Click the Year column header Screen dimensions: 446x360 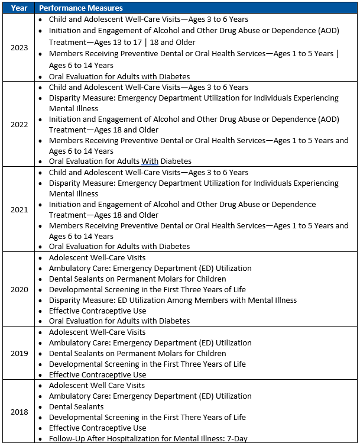pyautogui.click(x=19, y=8)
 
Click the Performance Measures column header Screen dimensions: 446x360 pyautogui.click(x=81, y=8)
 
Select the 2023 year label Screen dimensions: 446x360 pyautogui.click(x=19, y=47)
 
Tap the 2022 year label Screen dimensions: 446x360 pyautogui.click(x=19, y=124)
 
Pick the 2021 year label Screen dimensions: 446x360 pyautogui.click(x=19, y=209)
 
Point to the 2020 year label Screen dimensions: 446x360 pyautogui.click(x=19, y=289)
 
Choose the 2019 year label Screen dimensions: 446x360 pyautogui.click(x=19, y=353)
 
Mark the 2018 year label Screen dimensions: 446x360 pyautogui.click(x=19, y=412)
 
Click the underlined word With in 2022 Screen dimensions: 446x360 pyautogui.click(x=150, y=161)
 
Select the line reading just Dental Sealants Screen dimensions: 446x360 pyautogui.click(x=76, y=407)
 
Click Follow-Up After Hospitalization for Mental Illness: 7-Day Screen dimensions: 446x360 pyautogui.click(x=148, y=439)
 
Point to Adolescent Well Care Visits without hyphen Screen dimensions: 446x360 pyautogui.click(x=97, y=386)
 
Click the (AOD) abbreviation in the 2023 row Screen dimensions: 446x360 pyautogui.click(x=327, y=31)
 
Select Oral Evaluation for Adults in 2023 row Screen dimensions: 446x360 pyautogui.click(x=119, y=76)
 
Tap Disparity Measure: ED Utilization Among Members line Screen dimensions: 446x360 pyautogui.click(x=173, y=300)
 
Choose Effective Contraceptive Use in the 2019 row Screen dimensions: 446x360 pyautogui.click(x=98, y=375)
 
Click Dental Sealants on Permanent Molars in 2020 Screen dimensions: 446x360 pyautogui.click(x=137, y=279)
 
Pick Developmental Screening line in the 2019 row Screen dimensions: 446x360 pyautogui.click(x=147, y=364)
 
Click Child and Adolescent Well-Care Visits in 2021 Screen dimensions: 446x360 pyautogui.click(x=148, y=173)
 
